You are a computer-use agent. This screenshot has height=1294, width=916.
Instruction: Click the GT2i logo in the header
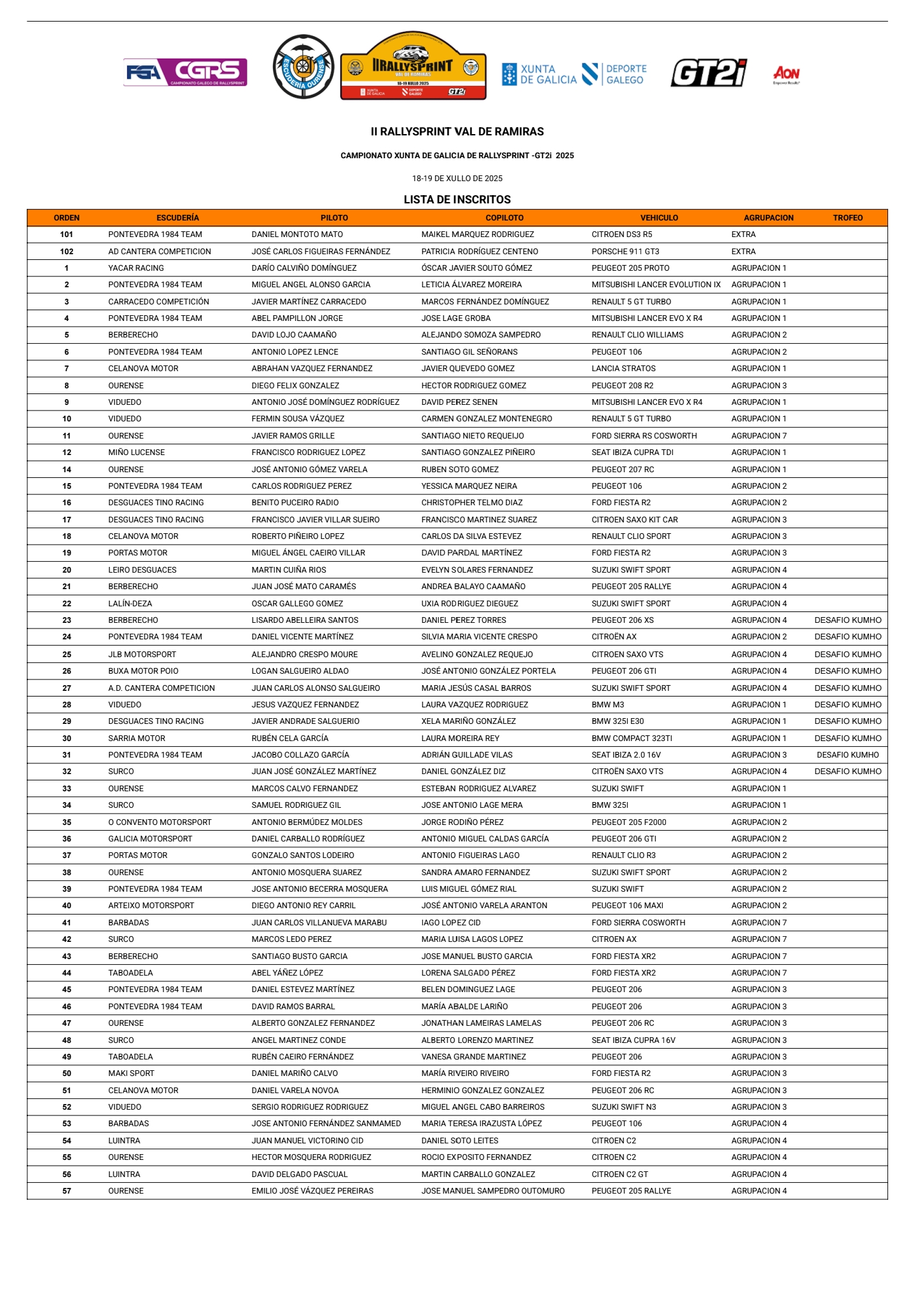pyautogui.click(x=708, y=73)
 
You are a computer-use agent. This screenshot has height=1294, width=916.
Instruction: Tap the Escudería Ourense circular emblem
pyautogui.click(x=303, y=67)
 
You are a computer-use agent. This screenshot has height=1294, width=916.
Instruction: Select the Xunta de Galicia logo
pyautogui.click(x=539, y=74)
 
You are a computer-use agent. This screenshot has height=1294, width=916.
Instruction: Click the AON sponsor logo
pyautogui.click(x=786, y=74)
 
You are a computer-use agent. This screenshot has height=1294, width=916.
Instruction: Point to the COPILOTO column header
pyautogui.click(x=504, y=218)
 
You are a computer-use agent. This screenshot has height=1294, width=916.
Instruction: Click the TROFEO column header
pyautogui.click(x=847, y=218)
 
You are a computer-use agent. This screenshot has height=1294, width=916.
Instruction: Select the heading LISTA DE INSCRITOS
pyautogui.click(x=457, y=200)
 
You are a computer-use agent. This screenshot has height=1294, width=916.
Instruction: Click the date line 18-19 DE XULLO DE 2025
pyautogui.click(x=457, y=179)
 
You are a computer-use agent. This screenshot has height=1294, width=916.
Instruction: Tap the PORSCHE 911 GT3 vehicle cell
pyautogui.click(x=625, y=252)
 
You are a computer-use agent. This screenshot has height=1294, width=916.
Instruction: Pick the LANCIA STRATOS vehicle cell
pyautogui.click(x=623, y=369)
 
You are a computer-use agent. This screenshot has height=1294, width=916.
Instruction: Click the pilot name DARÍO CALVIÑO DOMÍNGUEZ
pyautogui.click(x=304, y=268)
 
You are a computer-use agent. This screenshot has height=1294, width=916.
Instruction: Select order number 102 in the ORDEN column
pyautogui.click(x=67, y=252)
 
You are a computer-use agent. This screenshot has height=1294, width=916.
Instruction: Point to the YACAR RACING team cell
pyautogui.click(x=136, y=268)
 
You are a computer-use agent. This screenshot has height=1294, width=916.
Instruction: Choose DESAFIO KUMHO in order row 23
pyautogui.click(x=847, y=620)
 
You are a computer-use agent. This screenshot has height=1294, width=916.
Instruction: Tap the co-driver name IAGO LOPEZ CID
pyautogui.click(x=451, y=923)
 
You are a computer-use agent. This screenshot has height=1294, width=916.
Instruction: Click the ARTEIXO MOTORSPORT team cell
pyautogui.click(x=151, y=906)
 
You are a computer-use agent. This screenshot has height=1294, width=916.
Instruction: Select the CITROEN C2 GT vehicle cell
pyautogui.click(x=620, y=1175)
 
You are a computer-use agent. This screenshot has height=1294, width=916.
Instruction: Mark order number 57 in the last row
pyautogui.click(x=67, y=1191)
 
